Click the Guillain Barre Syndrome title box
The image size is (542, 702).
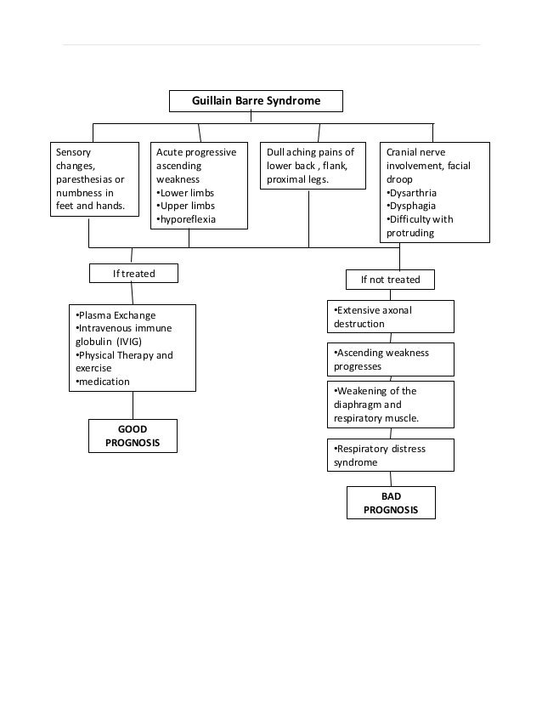point(256,101)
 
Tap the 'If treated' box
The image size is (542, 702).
point(134,273)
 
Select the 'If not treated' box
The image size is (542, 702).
point(390,280)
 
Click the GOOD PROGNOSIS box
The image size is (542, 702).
point(133,436)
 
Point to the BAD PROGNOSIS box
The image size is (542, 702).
point(391,502)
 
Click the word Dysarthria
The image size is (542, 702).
point(409,193)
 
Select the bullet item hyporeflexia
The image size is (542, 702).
point(188,219)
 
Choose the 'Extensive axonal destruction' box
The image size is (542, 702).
point(390,317)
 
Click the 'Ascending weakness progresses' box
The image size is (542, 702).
point(390,359)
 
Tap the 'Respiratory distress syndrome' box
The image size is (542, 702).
point(390,456)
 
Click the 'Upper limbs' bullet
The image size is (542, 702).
point(188,206)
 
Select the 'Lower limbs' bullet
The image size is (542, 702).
point(188,193)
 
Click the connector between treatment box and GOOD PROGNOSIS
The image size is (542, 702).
point(133,405)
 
